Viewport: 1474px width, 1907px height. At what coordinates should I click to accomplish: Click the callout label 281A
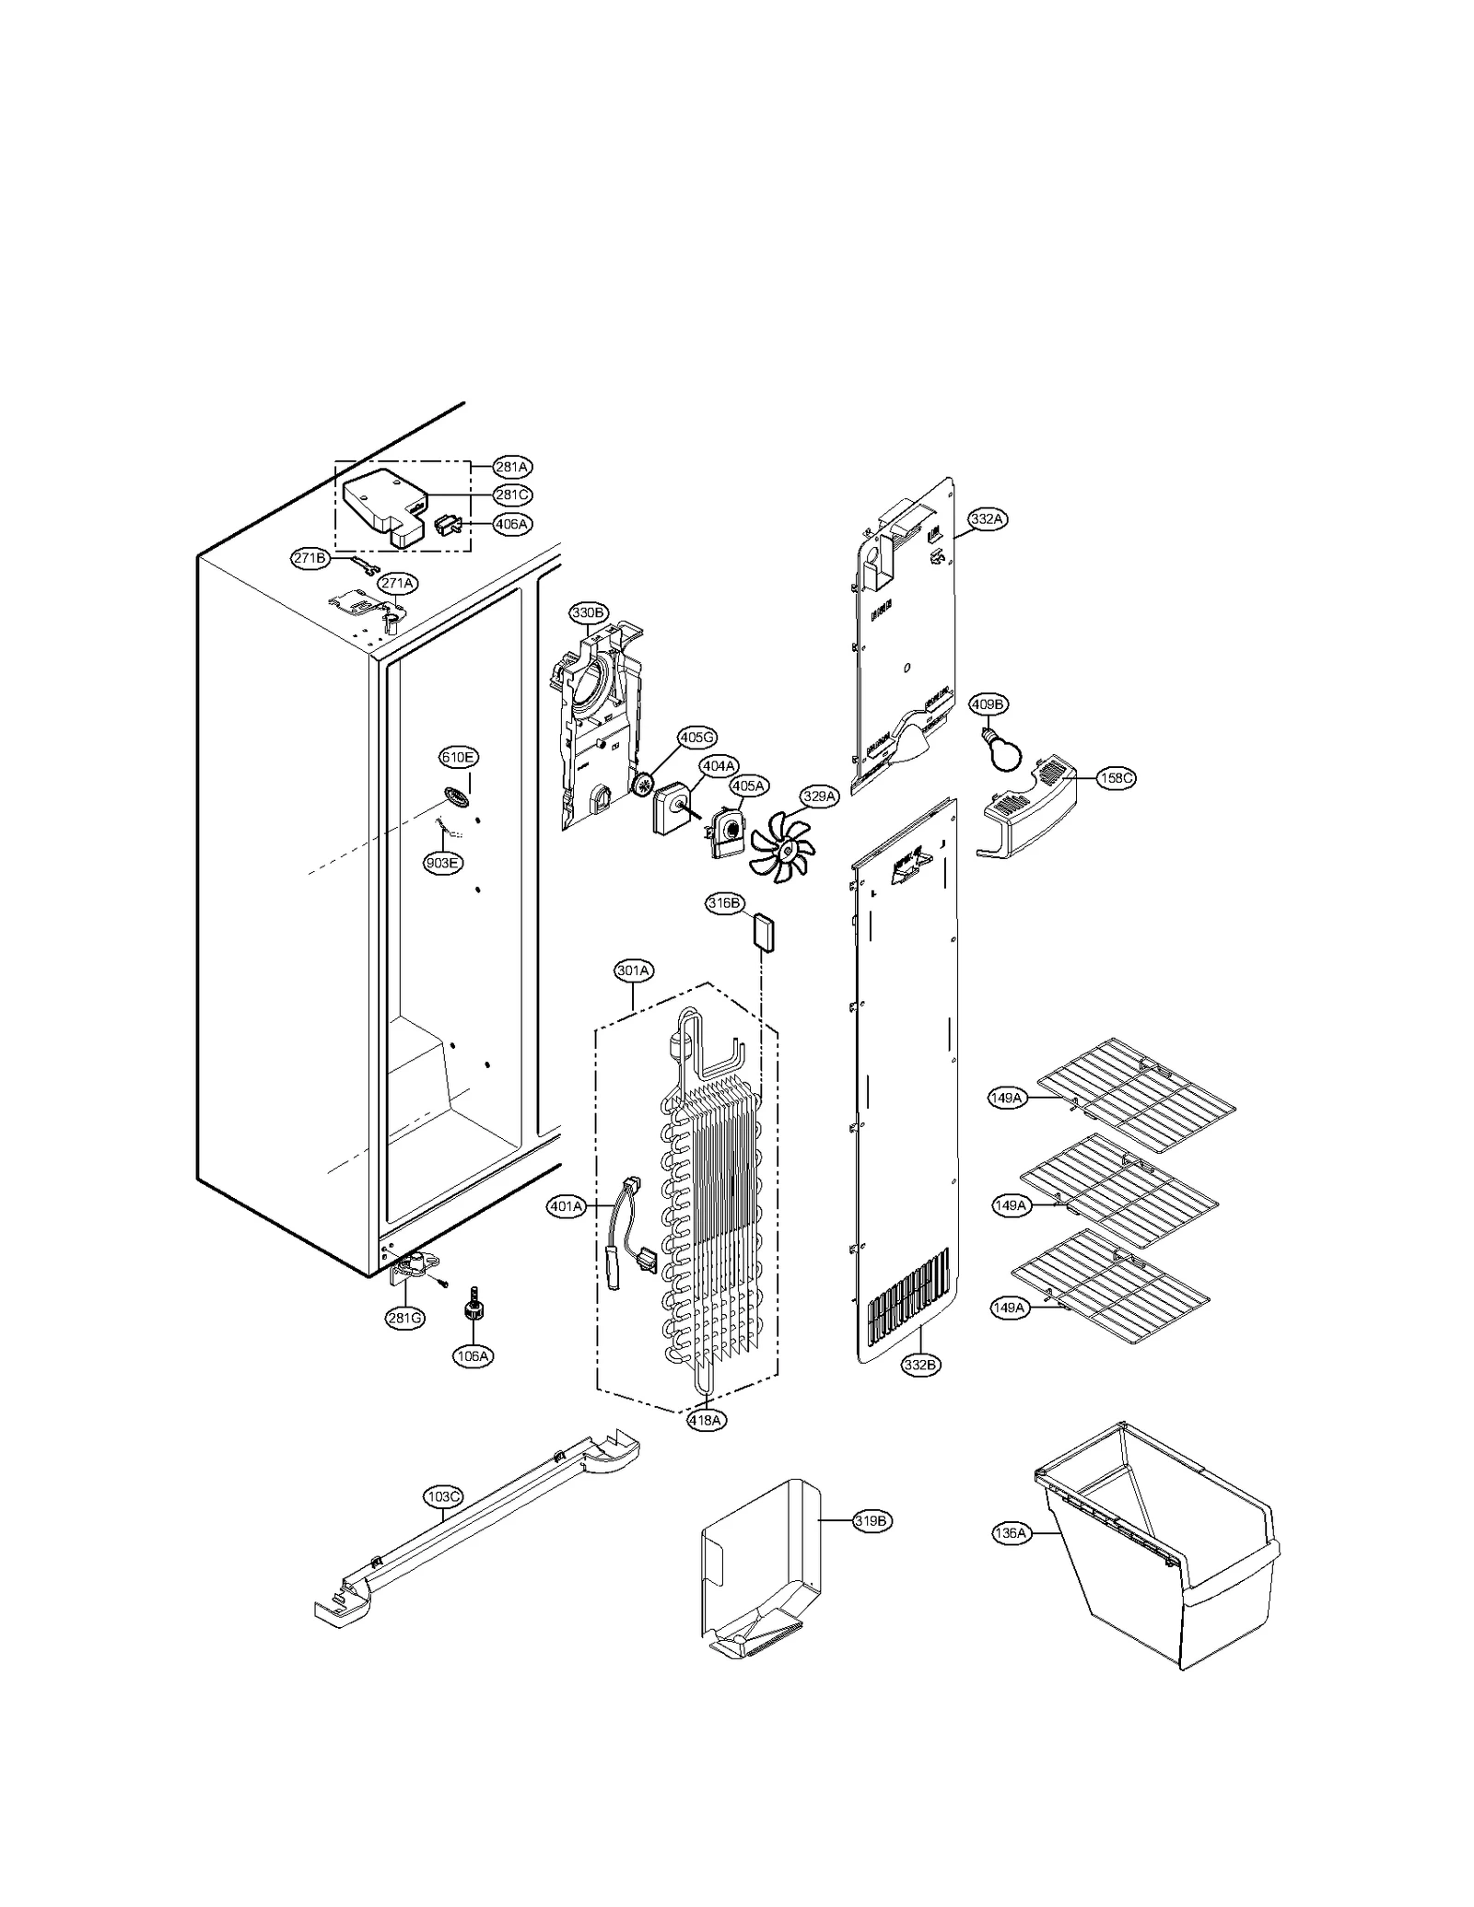coord(511,466)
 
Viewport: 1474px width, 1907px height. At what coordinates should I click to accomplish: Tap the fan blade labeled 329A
coord(780,841)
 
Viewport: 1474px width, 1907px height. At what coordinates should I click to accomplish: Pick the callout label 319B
coord(870,1521)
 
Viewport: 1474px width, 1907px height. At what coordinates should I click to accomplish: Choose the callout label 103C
coord(443,1497)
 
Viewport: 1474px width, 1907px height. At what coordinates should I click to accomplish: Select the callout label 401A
coord(567,1206)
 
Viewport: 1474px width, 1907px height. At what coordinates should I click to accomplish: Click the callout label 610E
coord(458,758)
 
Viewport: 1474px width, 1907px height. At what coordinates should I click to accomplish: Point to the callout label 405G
coord(696,738)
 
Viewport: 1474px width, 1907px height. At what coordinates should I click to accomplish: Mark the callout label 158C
coord(1116,778)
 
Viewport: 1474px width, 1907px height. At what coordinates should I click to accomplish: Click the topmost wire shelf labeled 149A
coord(1135,1094)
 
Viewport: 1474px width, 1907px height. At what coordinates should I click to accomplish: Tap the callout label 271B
coord(310,559)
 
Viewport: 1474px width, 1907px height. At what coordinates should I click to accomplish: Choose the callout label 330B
coord(588,612)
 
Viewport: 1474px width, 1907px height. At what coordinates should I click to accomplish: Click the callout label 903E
coord(442,863)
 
